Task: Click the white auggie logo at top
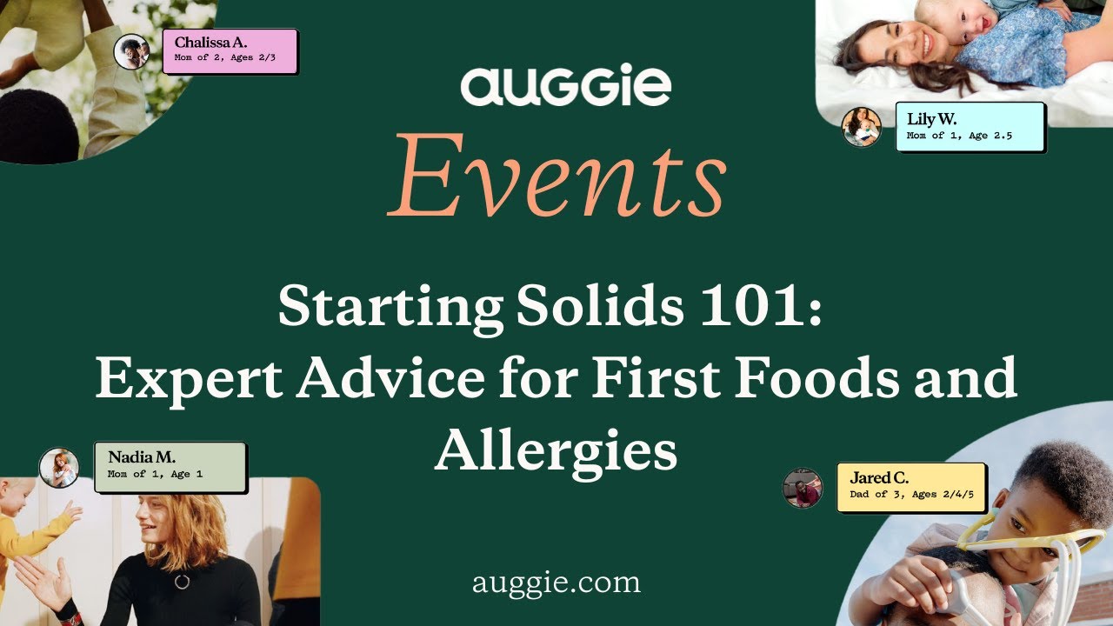point(565,87)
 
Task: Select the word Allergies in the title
point(556,450)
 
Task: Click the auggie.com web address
point(556,582)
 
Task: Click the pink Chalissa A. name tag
point(230,50)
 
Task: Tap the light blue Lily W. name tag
point(970,126)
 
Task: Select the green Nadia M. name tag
point(170,466)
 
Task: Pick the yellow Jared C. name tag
point(911,487)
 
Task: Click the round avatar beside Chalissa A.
point(131,51)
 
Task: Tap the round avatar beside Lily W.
point(861,127)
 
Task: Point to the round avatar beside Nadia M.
point(59,468)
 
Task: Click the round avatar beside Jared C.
point(802,488)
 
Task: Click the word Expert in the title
point(187,378)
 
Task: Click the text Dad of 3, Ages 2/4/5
point(911,495)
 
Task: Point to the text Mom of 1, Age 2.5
point(959,136)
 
